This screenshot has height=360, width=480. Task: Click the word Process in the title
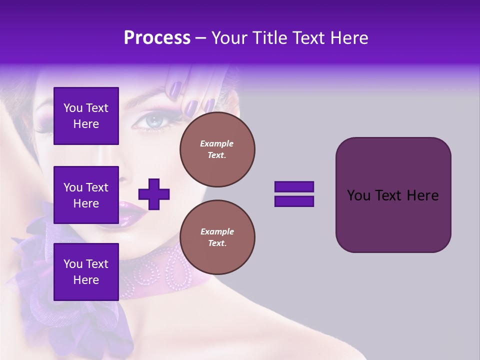pyautogui.click(x=157, y=38)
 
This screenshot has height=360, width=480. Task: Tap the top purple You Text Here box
pyautogui.click(x=86, y=116)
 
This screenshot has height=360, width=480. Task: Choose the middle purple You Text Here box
pyautogui.click(x=86, y=195)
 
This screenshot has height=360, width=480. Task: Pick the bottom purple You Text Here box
pyautogui.click(x=86, y=271)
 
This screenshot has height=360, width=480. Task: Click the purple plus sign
pyautogui.click(x=154, y=194)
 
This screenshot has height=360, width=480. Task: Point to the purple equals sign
pyautogui.click(x=294, y=194)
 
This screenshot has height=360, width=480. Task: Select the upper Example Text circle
pyautogui.click(x=217, y=149)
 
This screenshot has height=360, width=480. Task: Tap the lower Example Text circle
pyautogui.click(x=217, y=237)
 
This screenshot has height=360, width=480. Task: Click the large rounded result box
pyautogui.click(x=393, y=195)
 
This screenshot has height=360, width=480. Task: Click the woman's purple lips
pyautogui.click(x=131, y=212)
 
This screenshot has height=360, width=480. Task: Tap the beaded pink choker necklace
pyautogui.click(x=165, y=272)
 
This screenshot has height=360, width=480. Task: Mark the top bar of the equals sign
pyautogui.click(x=294, y=187)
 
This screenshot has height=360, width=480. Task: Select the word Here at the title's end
pyautogui.click(x=348, y=38)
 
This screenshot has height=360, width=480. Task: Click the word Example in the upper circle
pyautogui.click(x=217, y=143)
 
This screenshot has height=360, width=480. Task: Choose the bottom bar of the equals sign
pyautogui.click(x=294, y=201)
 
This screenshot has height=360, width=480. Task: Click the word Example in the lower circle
pyautogui.click(x=217, y=231)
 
